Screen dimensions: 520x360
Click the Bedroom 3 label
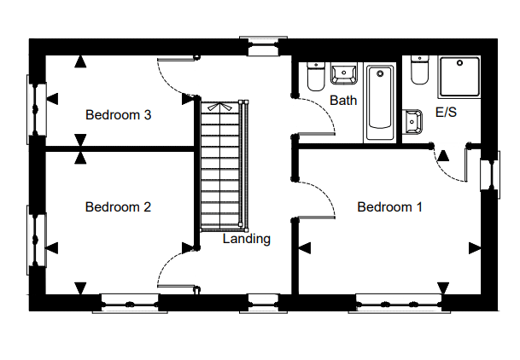coord(118,115)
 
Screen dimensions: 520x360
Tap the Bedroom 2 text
coord(118,207)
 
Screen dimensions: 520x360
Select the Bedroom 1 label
coord(389,207)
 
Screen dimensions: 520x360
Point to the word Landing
coord(247,239)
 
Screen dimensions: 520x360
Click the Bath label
coord(343,100)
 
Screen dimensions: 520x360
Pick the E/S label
coord(446,113)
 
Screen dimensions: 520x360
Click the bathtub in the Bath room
coord(380,102)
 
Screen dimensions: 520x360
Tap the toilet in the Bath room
coord(315,76)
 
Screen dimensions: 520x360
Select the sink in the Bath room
coord(344,73)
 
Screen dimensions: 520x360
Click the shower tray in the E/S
coord(459,77)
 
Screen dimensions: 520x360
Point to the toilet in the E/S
coord(419,70)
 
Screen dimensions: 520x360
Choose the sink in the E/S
coord(412,121)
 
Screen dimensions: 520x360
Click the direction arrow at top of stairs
coord(219,107)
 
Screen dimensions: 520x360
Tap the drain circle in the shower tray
coord(459,62)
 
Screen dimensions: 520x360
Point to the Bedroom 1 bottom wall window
coord(399,304)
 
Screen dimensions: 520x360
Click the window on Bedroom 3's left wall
coord(36,109)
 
